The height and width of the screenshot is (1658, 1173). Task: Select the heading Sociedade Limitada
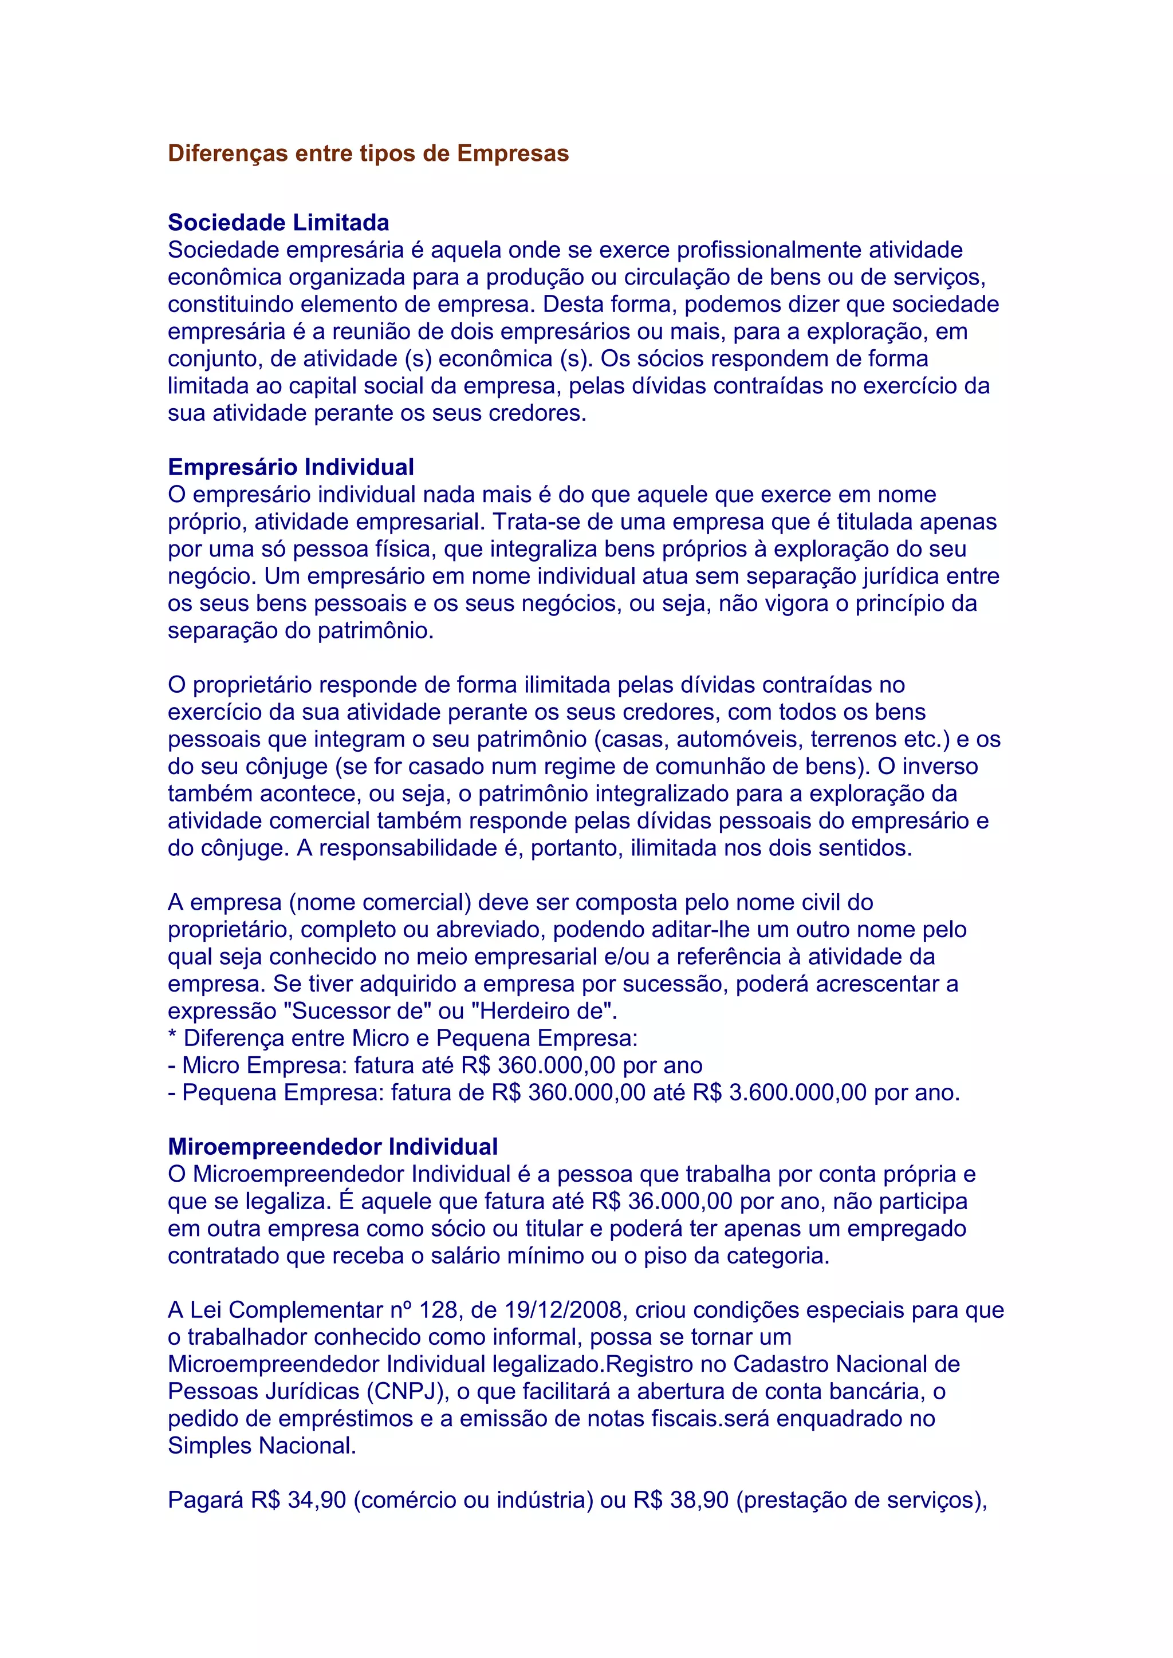[x=278, y=222]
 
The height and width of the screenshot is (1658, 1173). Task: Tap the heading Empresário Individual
[x=290, y=467]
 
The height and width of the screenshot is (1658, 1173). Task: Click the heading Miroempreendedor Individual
[x=332, y=1147]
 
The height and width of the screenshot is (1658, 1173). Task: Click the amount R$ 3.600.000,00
[x=780, y=1092]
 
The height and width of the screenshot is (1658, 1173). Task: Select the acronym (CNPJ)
[x=407, y=1392]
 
